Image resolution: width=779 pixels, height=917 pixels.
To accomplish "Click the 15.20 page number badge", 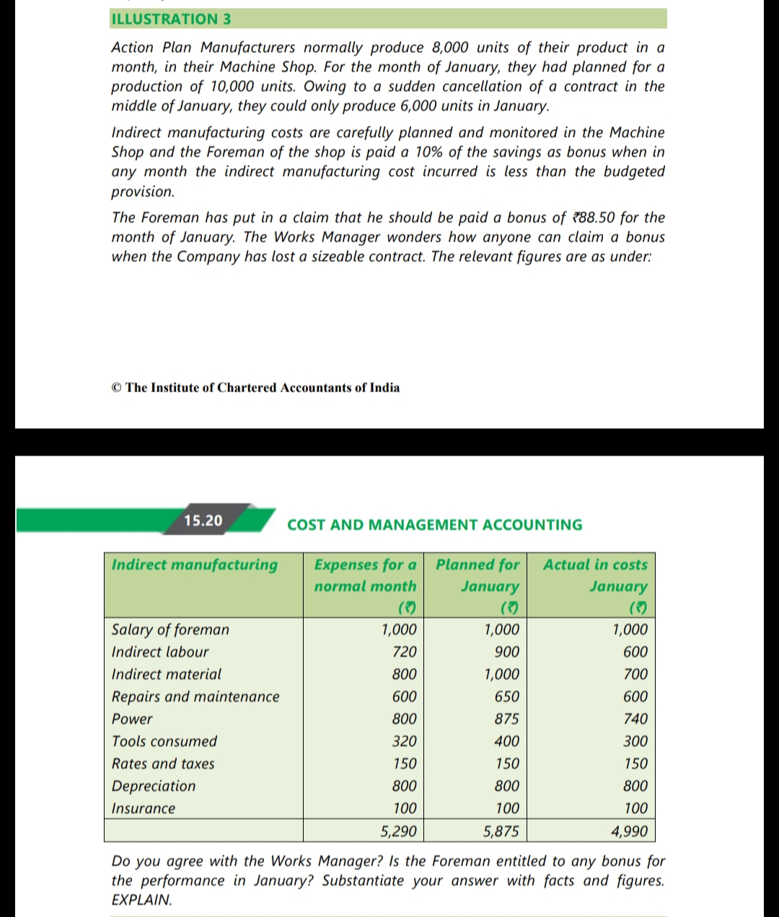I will coord(203,520).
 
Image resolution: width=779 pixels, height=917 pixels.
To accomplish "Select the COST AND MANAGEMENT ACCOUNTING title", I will coord(434,525).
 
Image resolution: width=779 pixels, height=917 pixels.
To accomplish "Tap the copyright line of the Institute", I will coord(255,388).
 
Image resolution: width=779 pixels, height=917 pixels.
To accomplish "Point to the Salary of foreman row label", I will coord(170,629).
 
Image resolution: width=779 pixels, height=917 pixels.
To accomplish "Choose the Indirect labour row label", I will coord(160,652).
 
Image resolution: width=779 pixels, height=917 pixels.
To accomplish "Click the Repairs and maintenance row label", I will coord(195,696).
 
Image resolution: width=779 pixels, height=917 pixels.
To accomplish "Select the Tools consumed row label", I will coord(164,741).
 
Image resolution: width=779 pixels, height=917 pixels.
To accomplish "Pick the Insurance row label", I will coord(144,808).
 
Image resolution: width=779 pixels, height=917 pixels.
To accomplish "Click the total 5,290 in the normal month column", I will coord(398,831).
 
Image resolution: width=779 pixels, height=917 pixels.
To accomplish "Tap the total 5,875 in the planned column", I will coord(501,831).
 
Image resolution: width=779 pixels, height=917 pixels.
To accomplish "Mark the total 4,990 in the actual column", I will coord(630,831).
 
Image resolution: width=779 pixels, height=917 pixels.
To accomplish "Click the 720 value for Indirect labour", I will coord(404,652).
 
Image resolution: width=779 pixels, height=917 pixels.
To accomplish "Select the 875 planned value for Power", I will coord(506,719).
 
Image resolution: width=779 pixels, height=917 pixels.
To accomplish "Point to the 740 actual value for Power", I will coord(635,719).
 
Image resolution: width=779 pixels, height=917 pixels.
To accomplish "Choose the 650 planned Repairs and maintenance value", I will coord(506,696).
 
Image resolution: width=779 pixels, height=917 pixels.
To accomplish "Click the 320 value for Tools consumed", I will coord(404,741).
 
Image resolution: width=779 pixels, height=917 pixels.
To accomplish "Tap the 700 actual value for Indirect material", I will coord(635,674).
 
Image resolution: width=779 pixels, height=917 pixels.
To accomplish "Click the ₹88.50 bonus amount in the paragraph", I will coord(593,218).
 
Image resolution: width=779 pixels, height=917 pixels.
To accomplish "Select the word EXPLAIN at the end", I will coord(142,900).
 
